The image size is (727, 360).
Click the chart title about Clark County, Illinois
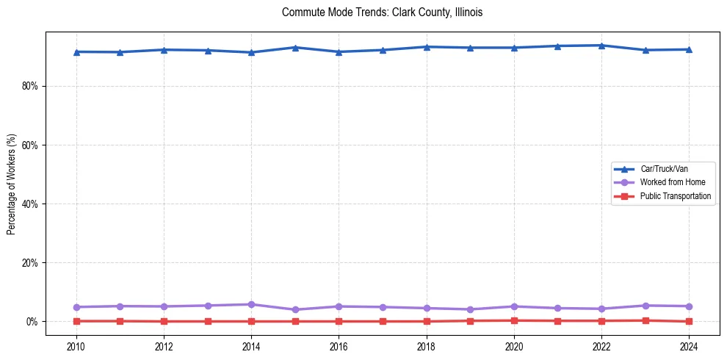coord(382,13)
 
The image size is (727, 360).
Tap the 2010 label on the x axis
coord(76,346)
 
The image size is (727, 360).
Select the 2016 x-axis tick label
coord(339,346)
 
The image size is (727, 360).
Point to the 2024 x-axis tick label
coord(689,346)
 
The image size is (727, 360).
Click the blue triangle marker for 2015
coord(295,48)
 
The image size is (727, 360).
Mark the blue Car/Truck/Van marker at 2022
coord(601,46)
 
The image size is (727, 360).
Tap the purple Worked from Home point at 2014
coord(251,304)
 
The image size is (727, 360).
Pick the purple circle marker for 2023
coord(645,306)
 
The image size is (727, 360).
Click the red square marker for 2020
coord(514,320)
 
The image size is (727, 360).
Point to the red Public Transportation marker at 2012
coord(164,321)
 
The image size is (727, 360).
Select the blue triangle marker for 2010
coord(76,51)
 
